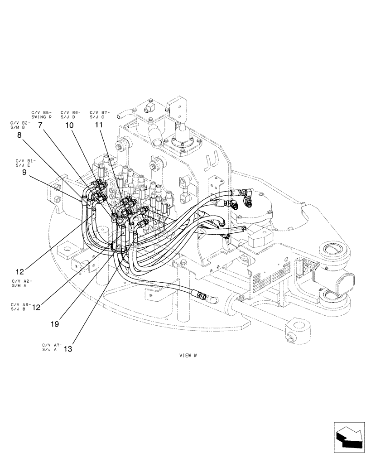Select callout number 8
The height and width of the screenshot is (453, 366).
(x=19, y=135)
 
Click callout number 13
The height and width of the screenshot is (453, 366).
(x=67, y=349)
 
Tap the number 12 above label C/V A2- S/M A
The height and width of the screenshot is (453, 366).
(x=19, y=272)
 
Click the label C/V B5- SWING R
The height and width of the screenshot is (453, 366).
(x=41, y=114)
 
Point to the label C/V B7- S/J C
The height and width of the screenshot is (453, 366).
(x=100, y=114)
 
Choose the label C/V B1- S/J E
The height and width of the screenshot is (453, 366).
(x=25, y=163)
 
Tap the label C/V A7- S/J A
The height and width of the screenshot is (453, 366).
(x=50, y=347)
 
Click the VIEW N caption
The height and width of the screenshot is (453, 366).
(x=188, y=356)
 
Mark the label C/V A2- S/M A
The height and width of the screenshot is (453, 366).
(x=22, y=283)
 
